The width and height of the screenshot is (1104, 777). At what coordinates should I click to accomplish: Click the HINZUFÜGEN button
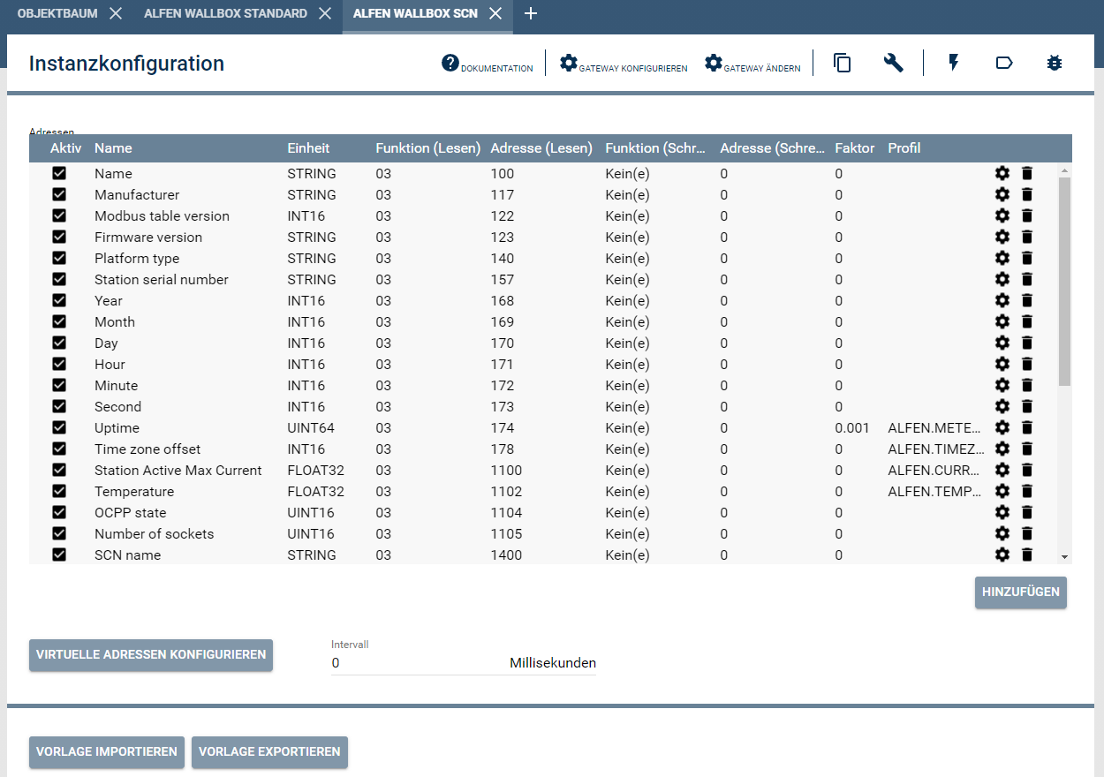1020,592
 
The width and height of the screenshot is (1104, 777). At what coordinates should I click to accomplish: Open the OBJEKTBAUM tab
57,13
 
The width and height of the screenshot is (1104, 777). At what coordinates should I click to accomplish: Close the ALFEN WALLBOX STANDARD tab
325,13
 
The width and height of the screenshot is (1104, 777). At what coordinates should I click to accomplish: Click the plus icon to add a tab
530,13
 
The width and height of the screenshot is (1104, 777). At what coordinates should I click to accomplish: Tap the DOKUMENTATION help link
488,64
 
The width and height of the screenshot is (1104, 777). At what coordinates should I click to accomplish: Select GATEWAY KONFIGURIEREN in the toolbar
624,64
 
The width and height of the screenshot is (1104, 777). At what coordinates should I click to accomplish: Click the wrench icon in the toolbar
893,63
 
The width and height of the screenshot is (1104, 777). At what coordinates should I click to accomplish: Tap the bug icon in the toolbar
1054,63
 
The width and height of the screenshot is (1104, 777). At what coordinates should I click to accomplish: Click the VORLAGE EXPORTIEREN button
269,752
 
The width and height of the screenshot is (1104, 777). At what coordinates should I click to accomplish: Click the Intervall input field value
415,663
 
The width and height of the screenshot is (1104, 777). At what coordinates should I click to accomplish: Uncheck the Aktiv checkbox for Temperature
59,492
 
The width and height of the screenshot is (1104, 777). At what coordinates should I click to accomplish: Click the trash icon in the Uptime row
1026,428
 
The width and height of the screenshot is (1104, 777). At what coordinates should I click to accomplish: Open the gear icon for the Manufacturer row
1002,195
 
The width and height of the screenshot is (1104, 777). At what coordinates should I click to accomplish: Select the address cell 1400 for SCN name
506,555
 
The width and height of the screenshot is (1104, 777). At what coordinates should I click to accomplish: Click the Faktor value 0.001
852,428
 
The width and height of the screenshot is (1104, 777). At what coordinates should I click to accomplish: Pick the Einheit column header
308,148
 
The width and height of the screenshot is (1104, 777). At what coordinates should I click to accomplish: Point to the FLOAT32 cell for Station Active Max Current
315,471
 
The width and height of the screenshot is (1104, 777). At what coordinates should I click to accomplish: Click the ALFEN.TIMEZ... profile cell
934,449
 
